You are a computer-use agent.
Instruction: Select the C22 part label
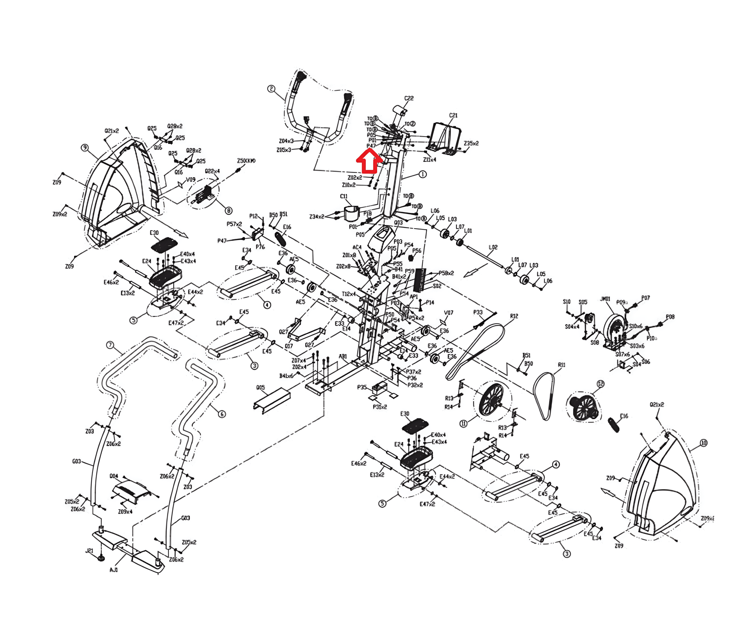[x=409, y=98]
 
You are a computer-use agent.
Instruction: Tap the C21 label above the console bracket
[x=453, y=115]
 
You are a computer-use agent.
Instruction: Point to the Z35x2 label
[x=471, y=143]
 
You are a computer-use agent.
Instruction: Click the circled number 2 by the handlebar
[x=271, y=89]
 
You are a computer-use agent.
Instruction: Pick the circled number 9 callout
[x=85, y=148]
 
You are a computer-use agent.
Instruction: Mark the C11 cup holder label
[x=344, y=196]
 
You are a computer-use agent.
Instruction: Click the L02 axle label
[x=493, y=247]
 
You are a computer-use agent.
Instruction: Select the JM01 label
[x=605, y=299]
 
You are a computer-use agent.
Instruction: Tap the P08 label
[x=670, y=317]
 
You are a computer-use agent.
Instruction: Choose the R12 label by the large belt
[x=514, y=316]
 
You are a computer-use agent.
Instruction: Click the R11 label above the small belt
[x=561, y=365]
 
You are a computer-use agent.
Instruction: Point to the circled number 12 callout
[x=600, y=384]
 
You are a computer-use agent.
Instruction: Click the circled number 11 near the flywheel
[x=464, y=424]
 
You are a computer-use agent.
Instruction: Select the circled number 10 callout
[x=704, y=443]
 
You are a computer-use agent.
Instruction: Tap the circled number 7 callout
[x=110, y=345]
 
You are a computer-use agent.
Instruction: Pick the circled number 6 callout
[x=222, y=414]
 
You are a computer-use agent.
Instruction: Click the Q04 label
[x=114, y=476]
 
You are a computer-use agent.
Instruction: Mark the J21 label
[x=89, y=550]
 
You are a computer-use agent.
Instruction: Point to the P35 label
[x=362, y=387]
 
